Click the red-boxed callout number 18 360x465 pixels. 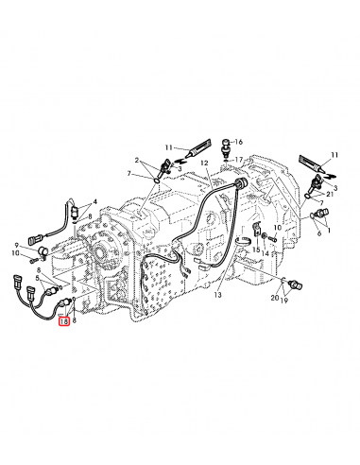pyautogui.click(x=63, y=321)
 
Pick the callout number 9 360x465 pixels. pyautogui.click(x=16, y=245)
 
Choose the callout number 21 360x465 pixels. pyautogui.click(x=328, y=194)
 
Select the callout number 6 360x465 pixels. pyautogui.click(x=319, y=232)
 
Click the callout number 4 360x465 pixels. pyautogui.click(x=94, y=201)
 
